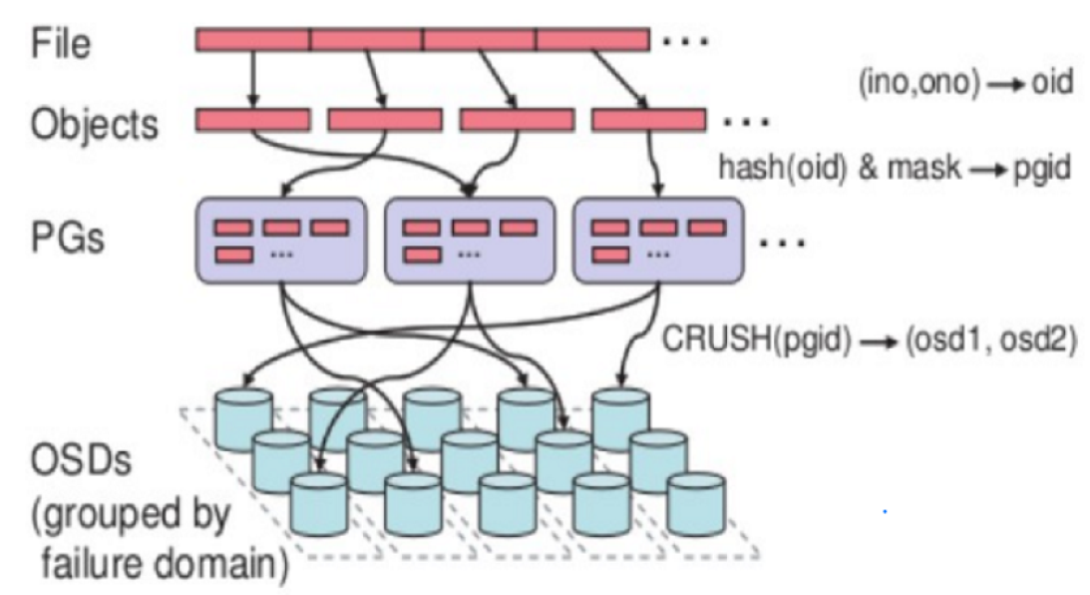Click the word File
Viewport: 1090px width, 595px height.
coord(61,43)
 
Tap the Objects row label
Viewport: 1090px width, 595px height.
coord(95,124)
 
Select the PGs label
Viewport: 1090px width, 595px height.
coord(68,238)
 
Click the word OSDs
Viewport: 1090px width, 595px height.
coord(81,460)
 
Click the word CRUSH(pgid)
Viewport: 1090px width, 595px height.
coord(756,339)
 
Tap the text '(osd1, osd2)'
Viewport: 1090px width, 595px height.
coord(990,340)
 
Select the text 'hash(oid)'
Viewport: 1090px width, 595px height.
coord(783,168)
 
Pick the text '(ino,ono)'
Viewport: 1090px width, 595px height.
coord(919,83)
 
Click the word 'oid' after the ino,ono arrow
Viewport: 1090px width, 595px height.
coord(1052,82)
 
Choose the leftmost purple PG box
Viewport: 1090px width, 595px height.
coord(281,241)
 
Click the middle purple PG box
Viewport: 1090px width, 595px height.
coord(470,241)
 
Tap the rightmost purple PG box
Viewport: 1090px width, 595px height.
coord(657,241)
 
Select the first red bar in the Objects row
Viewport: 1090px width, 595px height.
coord(253,120)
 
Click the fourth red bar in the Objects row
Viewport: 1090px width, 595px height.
coord(648,120)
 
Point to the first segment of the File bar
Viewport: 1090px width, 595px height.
coord(252,40)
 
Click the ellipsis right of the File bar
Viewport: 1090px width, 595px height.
coord(685,42)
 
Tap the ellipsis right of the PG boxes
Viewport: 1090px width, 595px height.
coord(782,243)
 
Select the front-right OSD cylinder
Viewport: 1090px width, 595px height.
coord(696,504)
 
